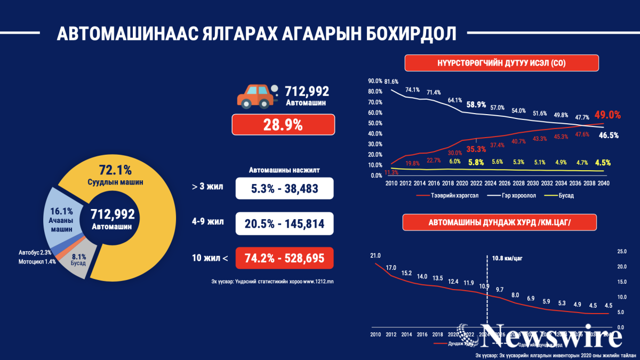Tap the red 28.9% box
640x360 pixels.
click(283, 126)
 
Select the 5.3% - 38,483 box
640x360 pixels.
click(284, 189)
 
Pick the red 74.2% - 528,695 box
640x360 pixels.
click(284, 259)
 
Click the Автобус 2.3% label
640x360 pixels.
click(35, 252)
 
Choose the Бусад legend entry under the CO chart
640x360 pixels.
click(559, 195)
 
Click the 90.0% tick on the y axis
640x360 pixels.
click(375, 82)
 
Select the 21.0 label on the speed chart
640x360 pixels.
click(375, 256)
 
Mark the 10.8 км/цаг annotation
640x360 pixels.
click(508, 258)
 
